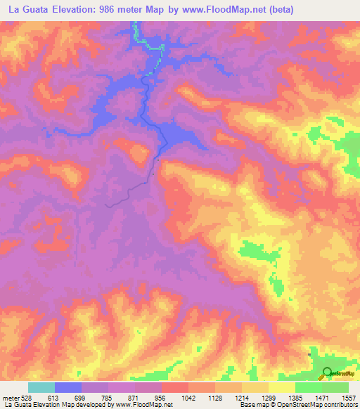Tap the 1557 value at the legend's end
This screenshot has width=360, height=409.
click(349, 397)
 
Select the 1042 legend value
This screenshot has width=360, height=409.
click(188, 397)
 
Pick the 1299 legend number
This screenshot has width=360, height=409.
click(269, 397)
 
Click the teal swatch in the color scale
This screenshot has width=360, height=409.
click(41, 387)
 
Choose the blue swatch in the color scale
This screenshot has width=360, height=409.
click(68, 387)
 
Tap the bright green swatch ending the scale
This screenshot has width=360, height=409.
click(335, 387)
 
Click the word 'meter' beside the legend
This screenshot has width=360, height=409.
click(12, 397)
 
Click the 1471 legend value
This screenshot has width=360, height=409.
click(323, 397)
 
